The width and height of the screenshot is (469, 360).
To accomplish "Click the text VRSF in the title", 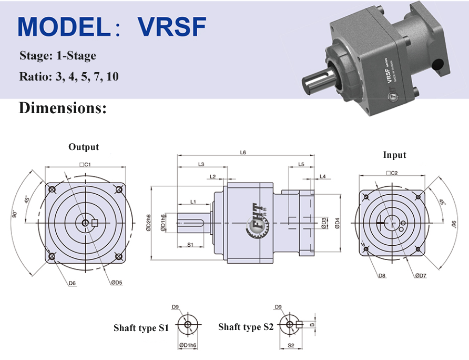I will pos(172,27).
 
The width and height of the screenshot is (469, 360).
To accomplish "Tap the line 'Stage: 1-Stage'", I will pos(58,56).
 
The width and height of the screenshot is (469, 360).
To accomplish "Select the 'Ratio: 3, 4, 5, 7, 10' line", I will pos(69,76).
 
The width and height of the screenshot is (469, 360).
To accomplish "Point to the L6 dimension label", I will pos(243,153).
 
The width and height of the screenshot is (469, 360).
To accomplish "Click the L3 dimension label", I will pos(201,164).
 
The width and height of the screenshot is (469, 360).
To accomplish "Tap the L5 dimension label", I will pos(301,164).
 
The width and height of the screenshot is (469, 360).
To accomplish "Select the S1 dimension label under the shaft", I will pos(191,245).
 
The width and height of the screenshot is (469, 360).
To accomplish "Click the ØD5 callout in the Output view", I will pos(116,283).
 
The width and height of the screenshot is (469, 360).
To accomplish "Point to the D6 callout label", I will pos(72,283).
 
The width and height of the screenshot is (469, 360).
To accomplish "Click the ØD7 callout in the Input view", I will pos(420,275).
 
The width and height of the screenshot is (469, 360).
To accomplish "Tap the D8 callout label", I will pos(382,275).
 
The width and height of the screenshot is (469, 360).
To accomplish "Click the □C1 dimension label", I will pos(85,164).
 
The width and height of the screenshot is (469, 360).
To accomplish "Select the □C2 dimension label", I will pos(391,173).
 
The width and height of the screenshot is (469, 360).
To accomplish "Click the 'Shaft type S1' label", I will pos(141,328).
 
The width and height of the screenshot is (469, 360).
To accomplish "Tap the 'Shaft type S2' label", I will pos(246,327).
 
